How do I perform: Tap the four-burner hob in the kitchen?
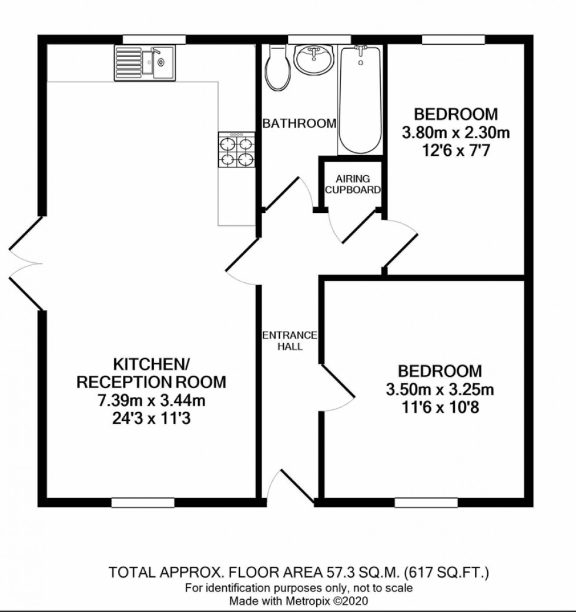[x=237, y=150]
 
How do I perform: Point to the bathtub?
[x=360, y=100]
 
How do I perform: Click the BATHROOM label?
[x=299, y=124]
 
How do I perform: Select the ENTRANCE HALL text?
[x=290, y=341]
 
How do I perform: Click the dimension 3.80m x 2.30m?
[x=456, y=133]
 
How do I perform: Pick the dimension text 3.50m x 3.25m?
[x=439, y=390]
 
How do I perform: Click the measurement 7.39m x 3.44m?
[x=151, y=402]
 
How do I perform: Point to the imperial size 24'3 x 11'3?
[x=151, y=420]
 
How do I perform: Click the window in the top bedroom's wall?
[x=453, y=39]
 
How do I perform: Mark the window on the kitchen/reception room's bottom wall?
[x=143, y=503]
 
